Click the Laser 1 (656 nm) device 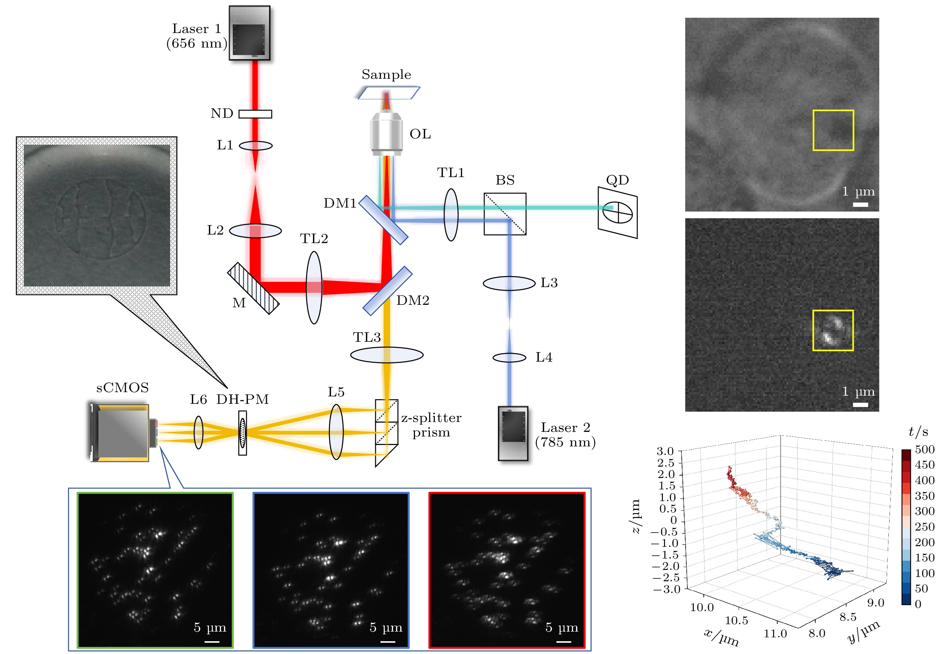click(x=249, y=33)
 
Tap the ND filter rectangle click(x=255, y=114)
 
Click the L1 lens click(x=255, y=145)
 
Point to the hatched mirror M click(x=253, y=288)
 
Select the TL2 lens click(x=314, y=288)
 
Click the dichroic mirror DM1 click(x=383, y=220)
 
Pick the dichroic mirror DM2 click(x=387, y=291)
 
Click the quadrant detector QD click(x=617, y=213)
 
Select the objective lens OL click(x=386, y=133)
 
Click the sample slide click(x=389, y=93)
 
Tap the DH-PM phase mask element click(x=243, y=433)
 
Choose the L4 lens click(x=509, y=358)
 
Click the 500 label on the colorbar click(x=924, y=450)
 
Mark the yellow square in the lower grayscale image click(x=832, y=330)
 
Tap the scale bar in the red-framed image click(x=563, y=641)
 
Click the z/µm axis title click(x=636, y=516)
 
